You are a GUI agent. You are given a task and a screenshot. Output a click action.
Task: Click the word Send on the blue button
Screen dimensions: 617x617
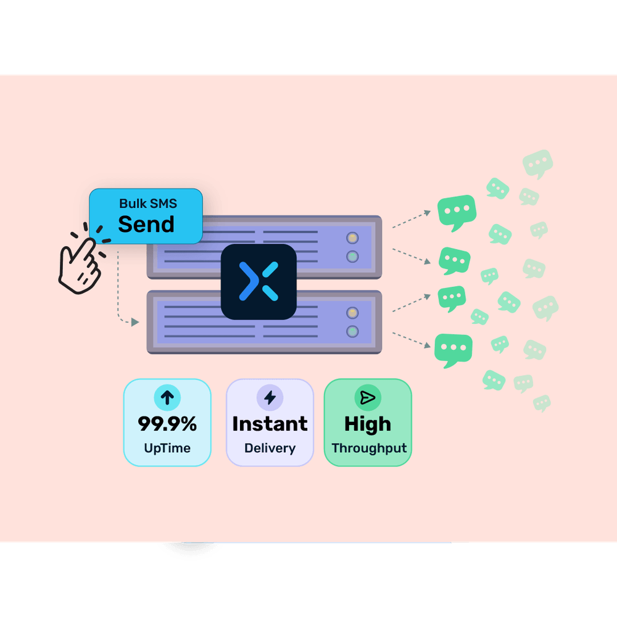[146, 225]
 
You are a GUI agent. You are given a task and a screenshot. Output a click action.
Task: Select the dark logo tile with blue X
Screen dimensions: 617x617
[259, 281]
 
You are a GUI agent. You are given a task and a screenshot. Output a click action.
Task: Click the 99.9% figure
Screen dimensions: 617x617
[167, 424]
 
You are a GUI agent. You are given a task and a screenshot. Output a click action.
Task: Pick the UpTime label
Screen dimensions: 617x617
[167, 449]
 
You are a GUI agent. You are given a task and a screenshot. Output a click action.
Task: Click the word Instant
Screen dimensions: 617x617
[270, 424]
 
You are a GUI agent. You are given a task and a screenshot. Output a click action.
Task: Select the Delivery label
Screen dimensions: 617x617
[270, 449]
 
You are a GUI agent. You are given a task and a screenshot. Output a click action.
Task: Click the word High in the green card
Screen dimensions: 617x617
[367, 424]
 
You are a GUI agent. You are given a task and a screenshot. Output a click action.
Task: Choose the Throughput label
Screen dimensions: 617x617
[369, 449]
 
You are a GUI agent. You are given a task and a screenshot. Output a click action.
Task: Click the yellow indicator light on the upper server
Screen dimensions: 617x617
[352, 238]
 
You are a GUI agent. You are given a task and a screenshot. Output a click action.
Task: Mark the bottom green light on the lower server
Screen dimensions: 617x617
[352, 332]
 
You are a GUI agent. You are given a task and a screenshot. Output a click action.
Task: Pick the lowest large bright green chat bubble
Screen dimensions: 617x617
[453, 349]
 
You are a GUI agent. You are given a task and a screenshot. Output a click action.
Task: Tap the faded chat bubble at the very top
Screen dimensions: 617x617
[537, 163]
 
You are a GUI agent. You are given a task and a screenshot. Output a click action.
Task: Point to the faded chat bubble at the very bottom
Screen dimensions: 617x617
[542, 403]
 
